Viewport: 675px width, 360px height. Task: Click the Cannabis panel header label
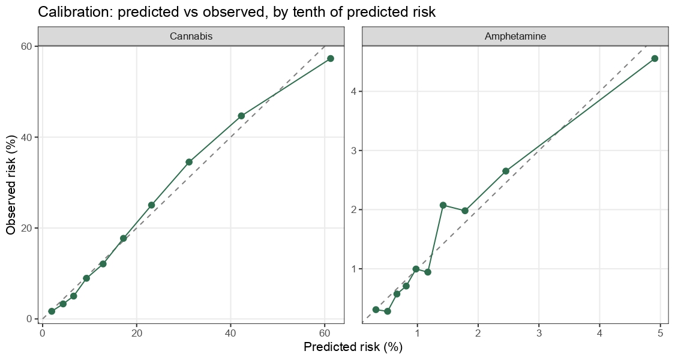[x=191, y=36]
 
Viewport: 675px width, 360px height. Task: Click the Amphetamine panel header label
[x=515, y=36]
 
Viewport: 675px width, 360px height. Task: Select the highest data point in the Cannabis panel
[x=330, y=59]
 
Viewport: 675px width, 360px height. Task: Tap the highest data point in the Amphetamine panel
[x=655, y=59]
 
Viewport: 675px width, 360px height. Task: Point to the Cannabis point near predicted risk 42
[x=241, y=116]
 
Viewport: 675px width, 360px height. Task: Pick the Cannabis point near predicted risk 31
[x=189, y=162]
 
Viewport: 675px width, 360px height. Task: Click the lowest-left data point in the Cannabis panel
[x=52, y=311]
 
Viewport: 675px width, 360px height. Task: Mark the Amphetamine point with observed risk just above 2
[x=443, y=205]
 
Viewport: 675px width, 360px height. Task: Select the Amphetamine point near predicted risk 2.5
[x=506, y=171]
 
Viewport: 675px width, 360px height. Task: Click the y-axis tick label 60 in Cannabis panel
[x=26, y=46]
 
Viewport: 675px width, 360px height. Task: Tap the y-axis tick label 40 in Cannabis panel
[x=26, y=137]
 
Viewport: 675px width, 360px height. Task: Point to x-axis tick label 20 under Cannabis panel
[x=136, y=334]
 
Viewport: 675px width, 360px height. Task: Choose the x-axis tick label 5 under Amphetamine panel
[x=661, y=334]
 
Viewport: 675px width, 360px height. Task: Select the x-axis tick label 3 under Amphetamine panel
[x=539, y=334]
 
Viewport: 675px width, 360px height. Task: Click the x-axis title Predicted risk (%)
[x=353, y=347]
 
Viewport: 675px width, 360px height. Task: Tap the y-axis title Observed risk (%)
[x=11, y=185]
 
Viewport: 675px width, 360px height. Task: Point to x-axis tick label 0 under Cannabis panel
[x=42, y=334]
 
